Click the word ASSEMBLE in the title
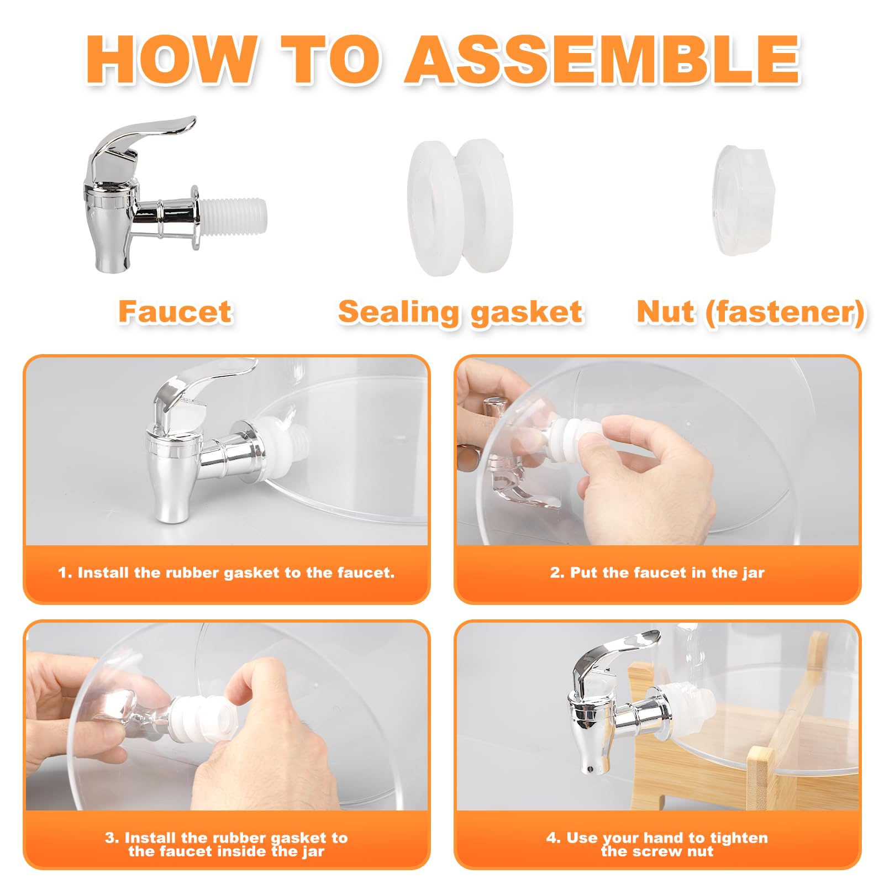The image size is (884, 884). [602, 60]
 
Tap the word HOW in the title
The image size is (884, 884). [172, 60]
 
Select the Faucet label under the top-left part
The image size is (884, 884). [175, 312]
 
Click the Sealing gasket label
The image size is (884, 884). [461, 312]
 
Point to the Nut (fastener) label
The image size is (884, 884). [751, 313]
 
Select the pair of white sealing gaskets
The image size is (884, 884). [460, 207]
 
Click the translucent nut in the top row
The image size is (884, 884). [744, 201]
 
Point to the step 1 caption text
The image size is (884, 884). [227, 573]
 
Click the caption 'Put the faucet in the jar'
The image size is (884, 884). [657, 573]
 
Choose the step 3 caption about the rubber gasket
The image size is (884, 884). [227, 844]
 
